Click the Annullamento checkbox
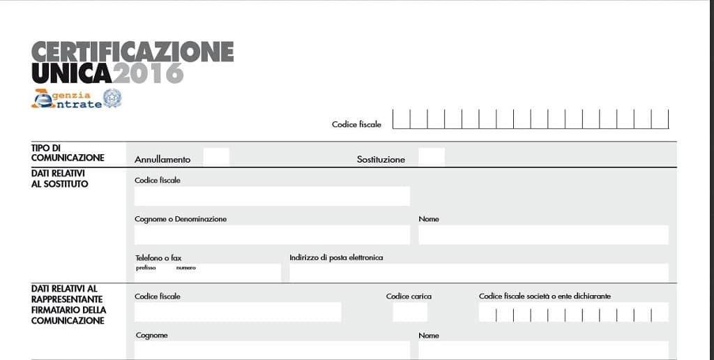click(215, 157)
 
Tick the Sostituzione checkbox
click(431, 157)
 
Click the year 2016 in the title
click(149, 73)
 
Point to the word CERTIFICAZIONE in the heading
click(132, 51)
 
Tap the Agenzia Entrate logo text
click(68, 99)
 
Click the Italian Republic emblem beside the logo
click(112, 98)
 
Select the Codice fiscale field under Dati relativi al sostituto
click(272, 196)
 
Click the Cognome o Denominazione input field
click(272, 234)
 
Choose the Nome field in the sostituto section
click(543, 234)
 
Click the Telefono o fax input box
click(208, 273)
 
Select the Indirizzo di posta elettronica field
click(478, 273)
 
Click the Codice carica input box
click(410, 312)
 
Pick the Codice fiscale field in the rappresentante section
click(238, 312)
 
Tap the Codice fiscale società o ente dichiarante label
click(545, 297)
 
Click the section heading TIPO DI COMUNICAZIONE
click(68, 153)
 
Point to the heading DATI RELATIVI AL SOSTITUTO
click(60, 179)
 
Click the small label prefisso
click(146, 268)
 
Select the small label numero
click(186, 268)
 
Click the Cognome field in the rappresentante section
click(272, 349)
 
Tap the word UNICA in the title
click(71, 73)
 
